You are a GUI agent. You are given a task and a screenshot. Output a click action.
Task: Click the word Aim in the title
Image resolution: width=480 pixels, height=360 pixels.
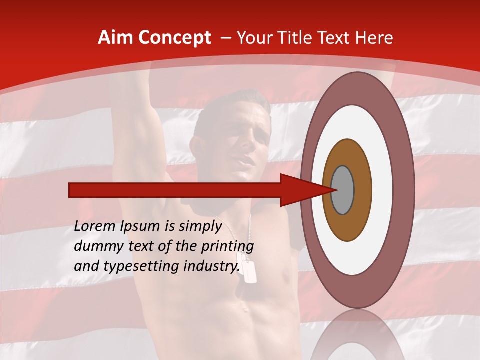click(x=116, y=38)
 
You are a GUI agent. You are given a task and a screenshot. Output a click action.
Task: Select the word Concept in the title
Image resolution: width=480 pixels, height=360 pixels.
click(x=174, y=38)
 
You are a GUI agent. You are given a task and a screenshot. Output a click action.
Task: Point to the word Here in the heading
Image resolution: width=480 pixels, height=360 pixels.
click(x=375, y=38)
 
